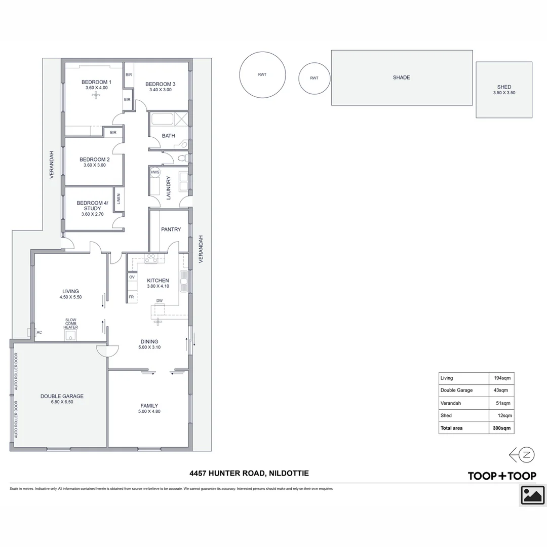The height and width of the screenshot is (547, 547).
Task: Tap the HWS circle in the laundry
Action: coord(155,173)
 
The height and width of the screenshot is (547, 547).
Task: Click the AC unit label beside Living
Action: coord(39,332)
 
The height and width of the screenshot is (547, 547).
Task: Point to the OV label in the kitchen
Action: coord(132,277)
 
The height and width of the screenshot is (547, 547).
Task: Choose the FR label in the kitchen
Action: coord(131,297)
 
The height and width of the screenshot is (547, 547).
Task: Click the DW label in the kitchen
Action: coord(160,301)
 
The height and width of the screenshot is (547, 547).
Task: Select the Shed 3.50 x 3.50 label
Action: coord(504,90)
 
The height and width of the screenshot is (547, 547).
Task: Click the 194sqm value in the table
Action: coord(502,378)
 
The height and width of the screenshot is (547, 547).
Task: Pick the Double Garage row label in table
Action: coord(456,390)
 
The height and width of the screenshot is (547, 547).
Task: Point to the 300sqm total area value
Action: coord(502,428)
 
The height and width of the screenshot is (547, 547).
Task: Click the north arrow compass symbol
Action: coord(522,454)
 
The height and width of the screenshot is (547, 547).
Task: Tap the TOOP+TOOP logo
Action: coord(501,476)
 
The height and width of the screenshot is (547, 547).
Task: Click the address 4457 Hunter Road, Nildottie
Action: coord(249,474)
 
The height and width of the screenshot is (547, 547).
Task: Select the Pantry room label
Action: coord(171,229)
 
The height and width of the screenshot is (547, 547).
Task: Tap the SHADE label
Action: coord(401,77)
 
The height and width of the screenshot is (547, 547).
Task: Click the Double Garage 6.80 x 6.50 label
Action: coord(62,399)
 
